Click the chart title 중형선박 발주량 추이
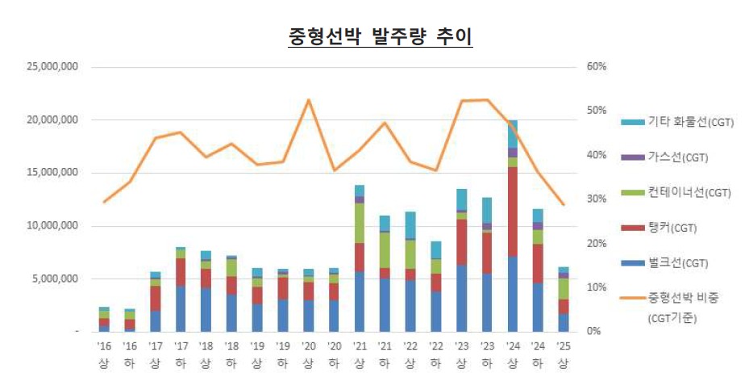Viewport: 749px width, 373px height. click(380, 36)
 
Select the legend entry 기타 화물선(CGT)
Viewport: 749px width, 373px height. click(690, 122)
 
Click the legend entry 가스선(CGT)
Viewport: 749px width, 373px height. click(677, 157)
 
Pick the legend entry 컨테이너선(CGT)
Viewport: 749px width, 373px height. click(689, 192)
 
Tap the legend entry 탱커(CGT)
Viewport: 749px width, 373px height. click(674, 228)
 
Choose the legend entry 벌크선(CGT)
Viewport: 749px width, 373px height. click(677, 262)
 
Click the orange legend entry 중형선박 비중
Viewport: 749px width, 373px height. click(682, 298)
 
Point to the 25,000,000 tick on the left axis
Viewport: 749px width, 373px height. click(50, 67)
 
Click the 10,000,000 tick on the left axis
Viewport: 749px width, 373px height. click(50, 225)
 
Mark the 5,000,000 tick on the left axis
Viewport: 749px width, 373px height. click(53, 279)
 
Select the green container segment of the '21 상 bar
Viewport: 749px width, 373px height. click(359, 223)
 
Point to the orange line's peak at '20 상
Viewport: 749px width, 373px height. click(308, 99)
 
